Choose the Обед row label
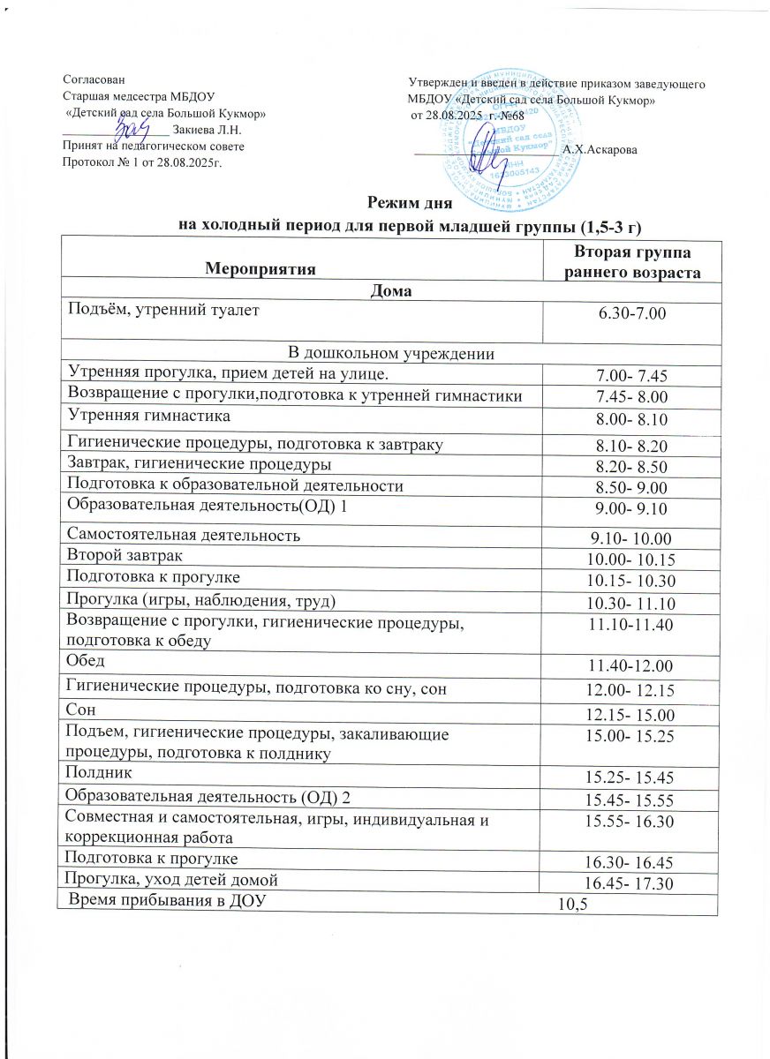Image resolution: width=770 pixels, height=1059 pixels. coord(85,661)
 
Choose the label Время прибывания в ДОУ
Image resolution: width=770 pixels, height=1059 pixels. coord(165,900)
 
